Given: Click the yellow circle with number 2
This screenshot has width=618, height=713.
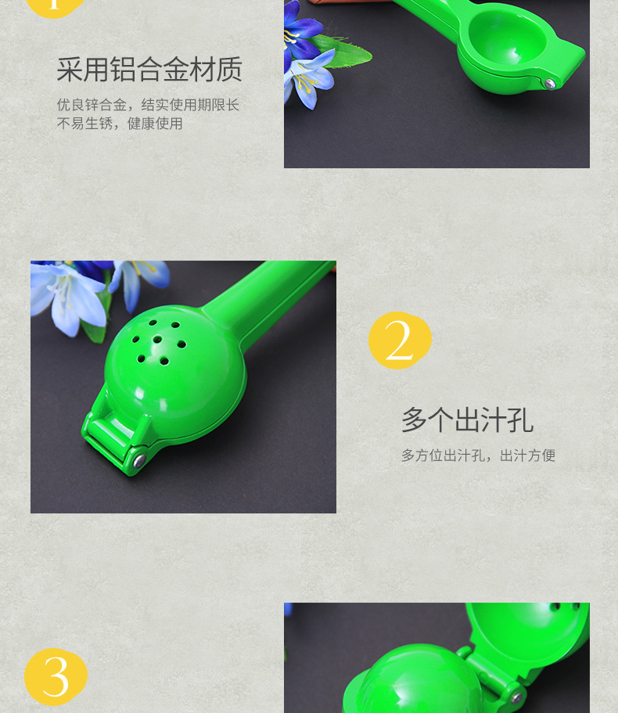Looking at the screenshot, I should coord(400,340).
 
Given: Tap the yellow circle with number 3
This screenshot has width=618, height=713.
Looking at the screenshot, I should coord(56,676).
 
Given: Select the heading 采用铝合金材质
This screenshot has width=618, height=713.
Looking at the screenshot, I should coord(149,70).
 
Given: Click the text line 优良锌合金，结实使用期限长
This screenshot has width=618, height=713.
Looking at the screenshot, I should coord(148,105).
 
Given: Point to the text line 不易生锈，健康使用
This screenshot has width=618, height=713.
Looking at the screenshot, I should coord(120,124).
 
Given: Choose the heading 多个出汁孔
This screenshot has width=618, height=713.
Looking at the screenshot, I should coord(467,420).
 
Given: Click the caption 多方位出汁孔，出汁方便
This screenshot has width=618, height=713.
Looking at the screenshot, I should coord(478,456).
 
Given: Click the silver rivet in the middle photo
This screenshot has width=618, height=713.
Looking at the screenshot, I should coord(139,462).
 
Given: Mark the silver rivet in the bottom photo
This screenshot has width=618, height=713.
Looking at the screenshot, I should coord(515,697).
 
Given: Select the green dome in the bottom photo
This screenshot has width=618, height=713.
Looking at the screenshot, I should coord(415,681).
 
